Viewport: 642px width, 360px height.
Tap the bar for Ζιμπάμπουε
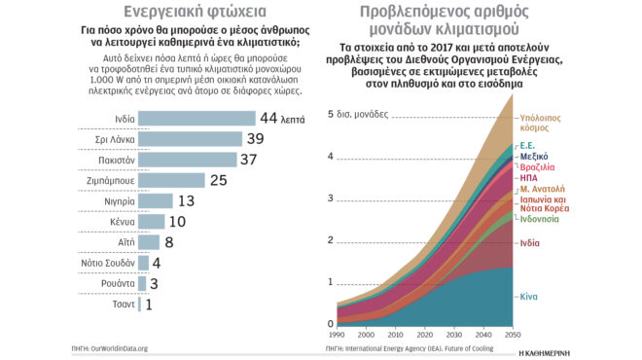click(x=172, y=180)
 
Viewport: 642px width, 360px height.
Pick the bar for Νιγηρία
click(x=156, y=200)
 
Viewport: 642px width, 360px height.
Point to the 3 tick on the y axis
click(x=331, y=198)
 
